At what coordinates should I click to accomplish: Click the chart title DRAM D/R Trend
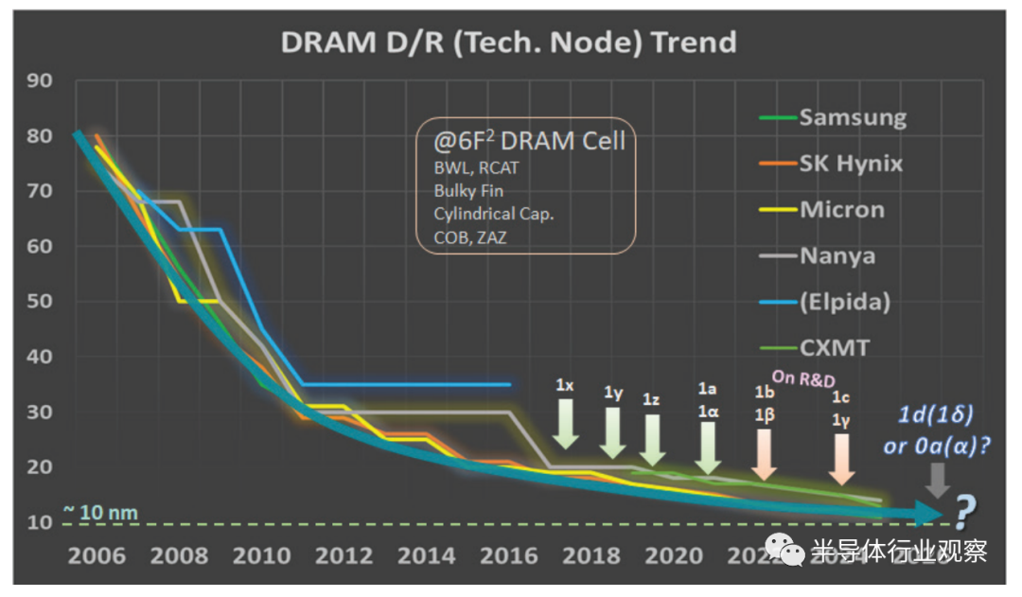[508, 42]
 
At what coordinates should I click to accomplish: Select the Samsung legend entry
[852, 117]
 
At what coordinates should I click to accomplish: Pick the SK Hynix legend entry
[850, 164]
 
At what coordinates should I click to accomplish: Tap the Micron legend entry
[841, 209]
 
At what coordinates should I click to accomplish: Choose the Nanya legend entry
[837, 255]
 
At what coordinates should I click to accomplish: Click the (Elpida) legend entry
[844, 302]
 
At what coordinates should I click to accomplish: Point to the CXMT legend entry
[834, 347]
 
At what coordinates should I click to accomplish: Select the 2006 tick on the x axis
[97, 555]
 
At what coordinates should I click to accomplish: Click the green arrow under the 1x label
[565, 423]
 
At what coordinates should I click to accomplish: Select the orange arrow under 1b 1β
[765, 454]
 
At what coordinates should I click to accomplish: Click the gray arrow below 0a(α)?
[937, 480]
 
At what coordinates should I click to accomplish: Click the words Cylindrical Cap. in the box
[494, 213]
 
